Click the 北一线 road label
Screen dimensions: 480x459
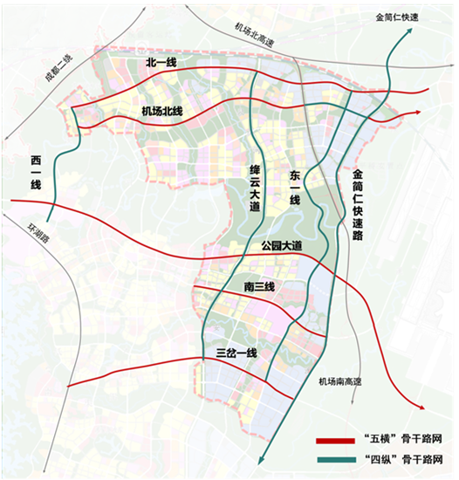click(x=161, y=64)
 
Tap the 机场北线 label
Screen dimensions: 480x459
click(x=161, y=111)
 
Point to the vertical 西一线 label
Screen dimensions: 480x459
click(x=36, y=174)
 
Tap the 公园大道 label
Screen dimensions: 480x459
click(x=280, y=247)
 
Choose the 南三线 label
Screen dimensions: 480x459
click(x=257, y=287)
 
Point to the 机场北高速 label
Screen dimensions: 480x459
click(x=254, y=36)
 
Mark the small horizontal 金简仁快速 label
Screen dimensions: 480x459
click(x=398, y=17)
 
